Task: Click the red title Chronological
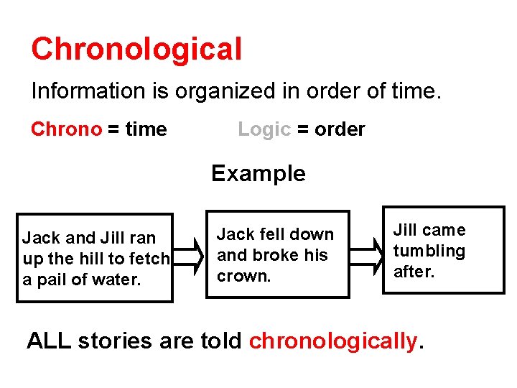click(x=136, y=50)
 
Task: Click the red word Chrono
click(x=67, y=129)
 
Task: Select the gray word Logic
click(x=264, y=129)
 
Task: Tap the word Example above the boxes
click(x=258, y=173)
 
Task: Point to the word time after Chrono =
click(x=146, y=129)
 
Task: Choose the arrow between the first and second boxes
click(x=187, y=256)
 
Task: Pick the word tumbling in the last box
click(x=429, y=251)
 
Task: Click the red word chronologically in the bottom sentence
click(x=332, y=340)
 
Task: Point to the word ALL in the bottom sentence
click(x=49, y=340)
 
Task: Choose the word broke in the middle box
click(x=274, y=255)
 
